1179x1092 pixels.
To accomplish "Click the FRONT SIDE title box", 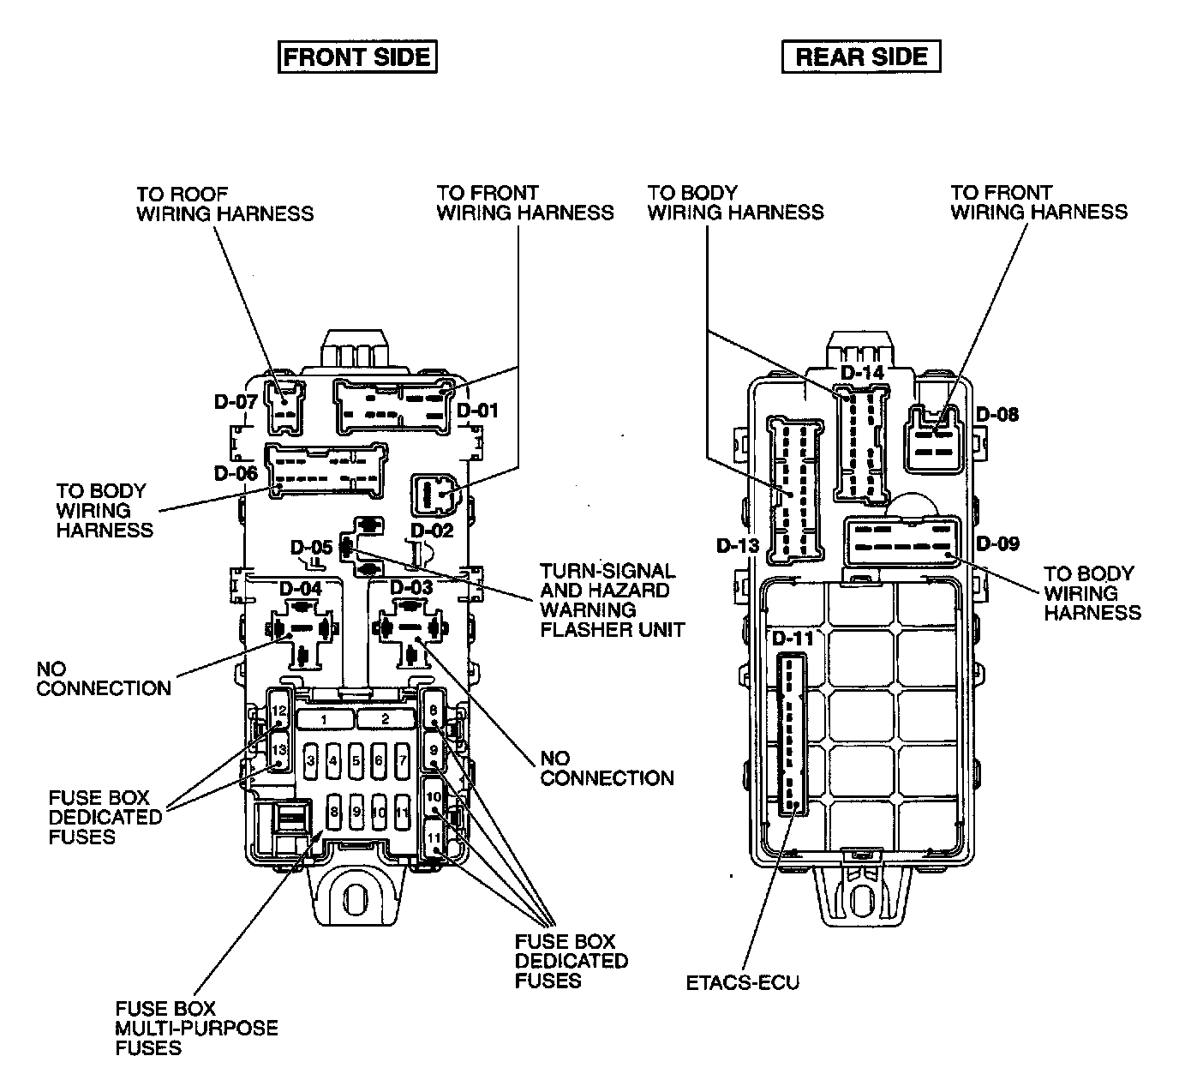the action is (x=357, y=57).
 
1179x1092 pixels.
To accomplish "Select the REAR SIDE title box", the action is (x=861, y=57).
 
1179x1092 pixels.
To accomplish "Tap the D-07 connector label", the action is (x=236, y=402).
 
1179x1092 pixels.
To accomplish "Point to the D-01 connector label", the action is (x=477, y=411).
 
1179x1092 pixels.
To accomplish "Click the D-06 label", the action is (x=236, y=473).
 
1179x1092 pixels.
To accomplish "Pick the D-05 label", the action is (x=312, y=547).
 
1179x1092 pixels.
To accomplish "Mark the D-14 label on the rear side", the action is (x=863, y=373).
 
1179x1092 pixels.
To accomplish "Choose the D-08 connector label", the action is (x=997, y=415).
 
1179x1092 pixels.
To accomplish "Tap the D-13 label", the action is (x=738, y=545).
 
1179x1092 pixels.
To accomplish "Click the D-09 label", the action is (x=998, y=543).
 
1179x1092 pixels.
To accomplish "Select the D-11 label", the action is (x=793, y=639).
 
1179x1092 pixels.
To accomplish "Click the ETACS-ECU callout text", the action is (x=743, y=982).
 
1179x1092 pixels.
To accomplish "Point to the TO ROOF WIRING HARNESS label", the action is (x=225, y=204).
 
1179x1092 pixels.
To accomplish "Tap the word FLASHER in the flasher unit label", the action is (x=576, y=629).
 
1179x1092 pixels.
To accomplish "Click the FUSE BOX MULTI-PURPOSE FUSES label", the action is (x=196, y=1028).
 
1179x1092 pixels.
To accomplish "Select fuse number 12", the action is (x=279, y=710).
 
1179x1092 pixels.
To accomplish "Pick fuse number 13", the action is (x=279, y=751).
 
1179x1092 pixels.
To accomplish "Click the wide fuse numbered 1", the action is (x=324, y=719).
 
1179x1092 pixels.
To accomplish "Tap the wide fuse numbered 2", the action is (x=386, y=719).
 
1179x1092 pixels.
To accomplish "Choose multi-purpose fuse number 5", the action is (x=356, y=760).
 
